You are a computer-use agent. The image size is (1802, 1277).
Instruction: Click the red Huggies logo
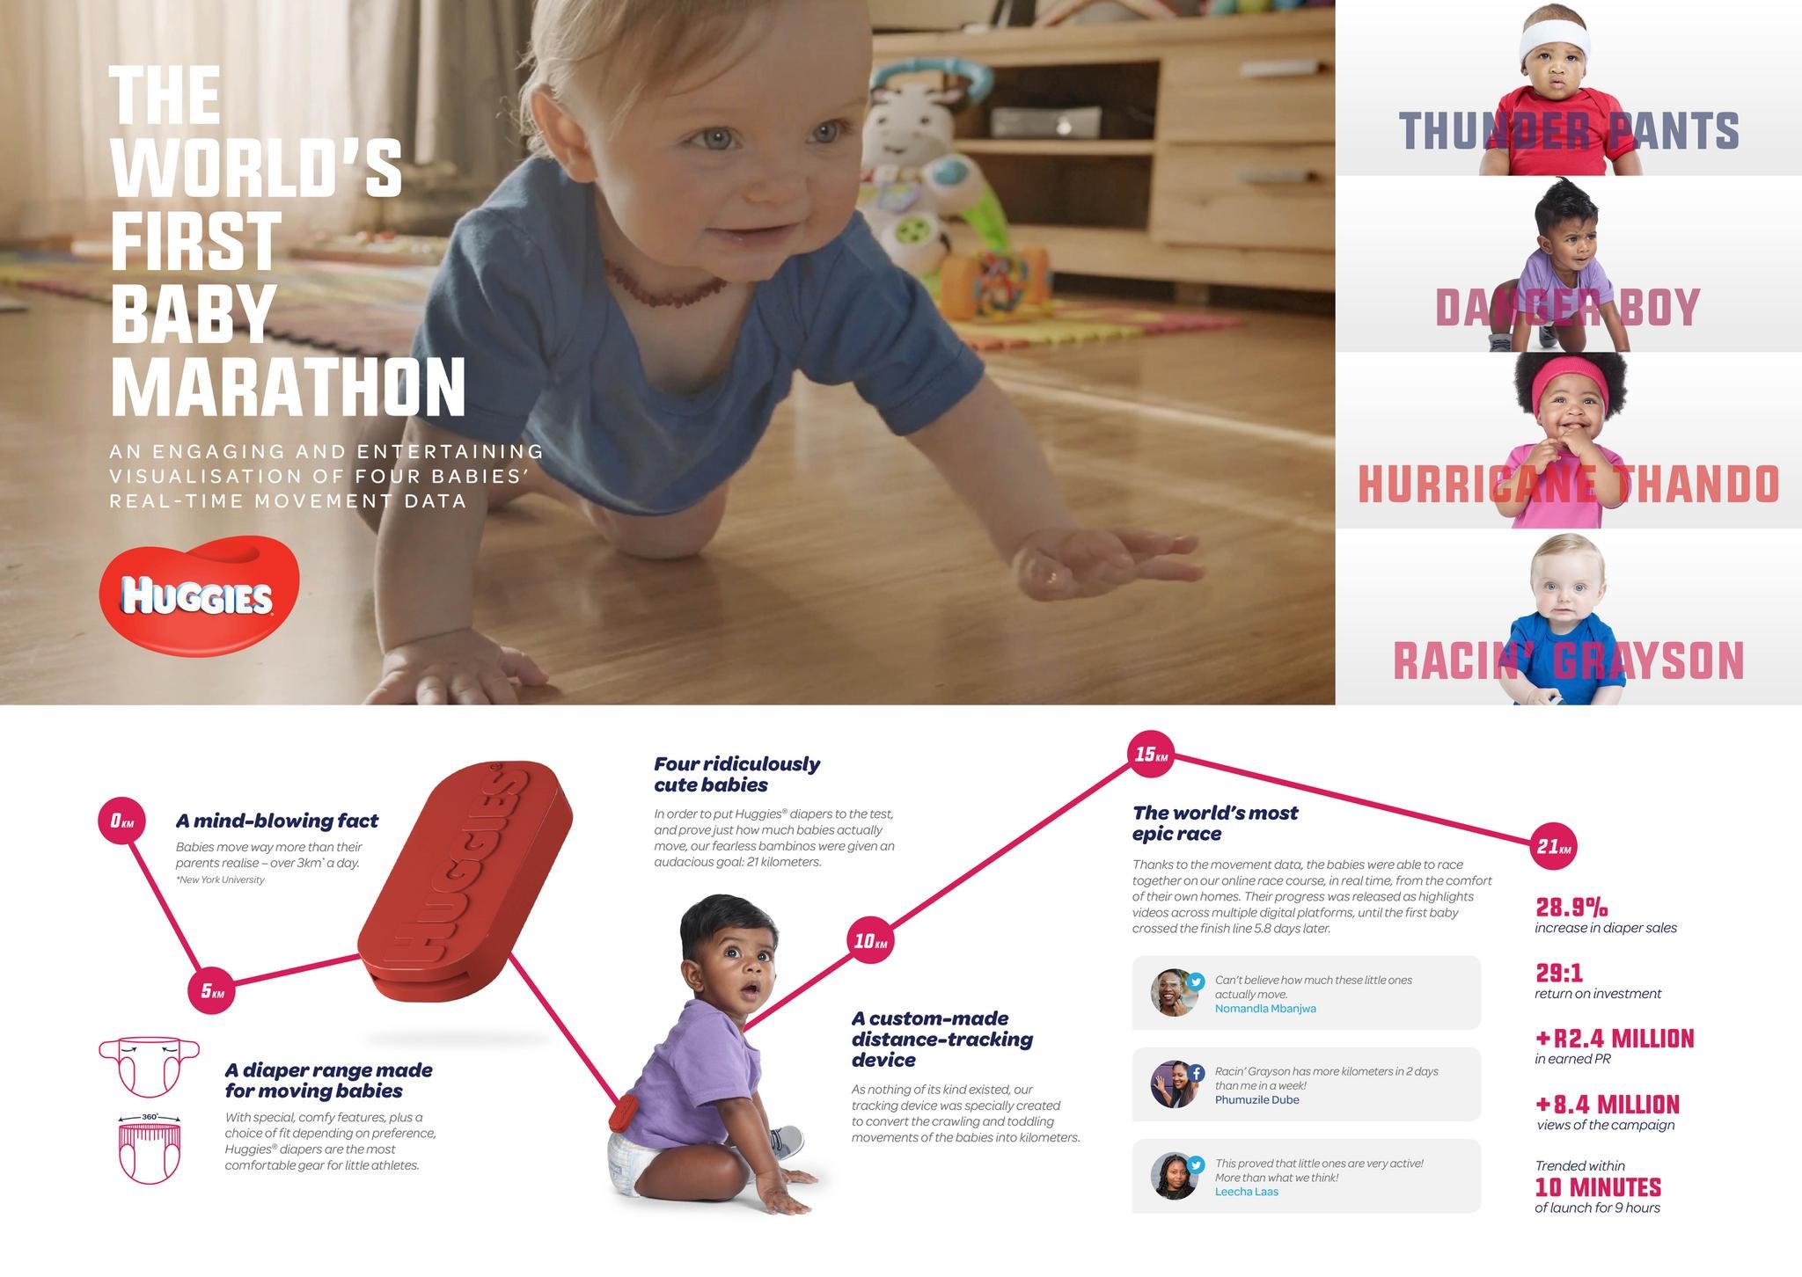200,596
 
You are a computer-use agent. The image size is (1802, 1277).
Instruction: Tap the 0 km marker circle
121,821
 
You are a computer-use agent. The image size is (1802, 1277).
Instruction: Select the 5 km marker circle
212,990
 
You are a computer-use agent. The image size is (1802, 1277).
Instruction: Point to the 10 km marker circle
870,940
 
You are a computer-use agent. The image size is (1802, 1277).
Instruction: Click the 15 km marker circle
1150,754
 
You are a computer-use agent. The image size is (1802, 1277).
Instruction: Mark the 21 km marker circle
1554,846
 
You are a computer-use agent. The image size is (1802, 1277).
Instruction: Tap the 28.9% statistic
1571,906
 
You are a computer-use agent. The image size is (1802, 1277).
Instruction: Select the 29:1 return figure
1559,973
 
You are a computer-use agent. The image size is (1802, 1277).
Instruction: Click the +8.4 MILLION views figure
1608,1104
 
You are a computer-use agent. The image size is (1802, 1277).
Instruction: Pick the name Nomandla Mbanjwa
1265,1009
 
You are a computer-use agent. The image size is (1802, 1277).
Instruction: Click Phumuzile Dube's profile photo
1175,1084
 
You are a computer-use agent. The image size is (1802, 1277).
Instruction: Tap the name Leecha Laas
1246,1192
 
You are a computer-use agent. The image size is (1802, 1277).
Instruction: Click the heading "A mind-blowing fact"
277,821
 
